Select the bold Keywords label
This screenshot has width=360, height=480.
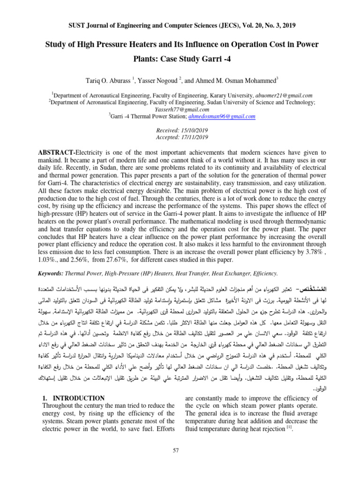coord(49,273)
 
